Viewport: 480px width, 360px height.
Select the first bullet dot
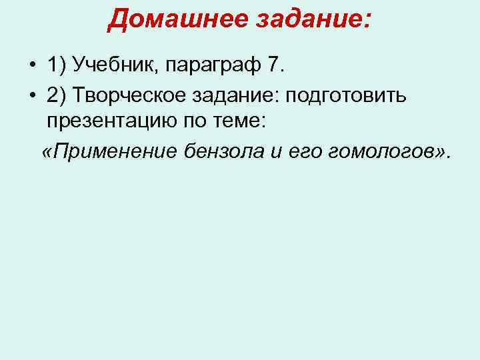pyautogui.click(x=32, y=67)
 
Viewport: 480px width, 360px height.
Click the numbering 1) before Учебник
pyautogui.click(x=57, y=67)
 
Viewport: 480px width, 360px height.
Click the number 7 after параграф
pyautogui.click(x=275, y=67)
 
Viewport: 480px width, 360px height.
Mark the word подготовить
pyautogui.click(x=345, y=95)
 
